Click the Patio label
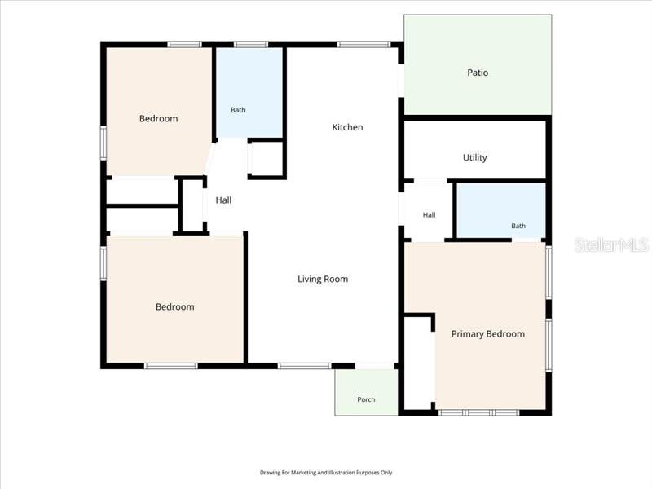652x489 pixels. pyautogui.click(x=478, y=73)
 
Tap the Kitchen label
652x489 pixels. pyautogui.click(x=347, y=127)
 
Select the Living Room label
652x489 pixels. pyautogui.click(x=323, y=279)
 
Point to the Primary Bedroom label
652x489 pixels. pyautogui.click(x=487, y=334)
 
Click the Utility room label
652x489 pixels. pyautogui.click(x=474, y=157)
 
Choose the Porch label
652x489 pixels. pyautogui.click(x=366, y=399)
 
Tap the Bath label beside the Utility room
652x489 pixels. pyautogui.click(x=518, y=226)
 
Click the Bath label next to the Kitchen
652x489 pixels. pyautogui.click(x=238, y=110)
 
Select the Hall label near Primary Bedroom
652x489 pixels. pyautogui.click(x=430, y=215)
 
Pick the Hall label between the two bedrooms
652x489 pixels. pyautogui.click(x=223, y=200)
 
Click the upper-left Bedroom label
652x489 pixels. pyautogui.click(x=158, y=119)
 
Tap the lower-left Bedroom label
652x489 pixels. pyautogui.click(x=174, y=307)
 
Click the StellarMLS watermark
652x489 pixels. pyautogui.click(x=611, y=245)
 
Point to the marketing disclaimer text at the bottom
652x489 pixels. pyautogui.click(x=326, y=473)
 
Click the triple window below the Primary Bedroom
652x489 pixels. pyautogui.click(x=478, y=412)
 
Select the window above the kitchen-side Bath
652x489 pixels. pyautogui.click(x=251, y=45)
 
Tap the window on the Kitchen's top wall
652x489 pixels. pyautogui.click(x=363, y=45)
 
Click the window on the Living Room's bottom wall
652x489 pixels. pyautogui.click(x=304, y=366)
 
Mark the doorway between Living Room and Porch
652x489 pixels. pyautogui.click(x=375, y=366)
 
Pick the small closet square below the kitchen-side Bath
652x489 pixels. pyautogui.click(x=266, y=159)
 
